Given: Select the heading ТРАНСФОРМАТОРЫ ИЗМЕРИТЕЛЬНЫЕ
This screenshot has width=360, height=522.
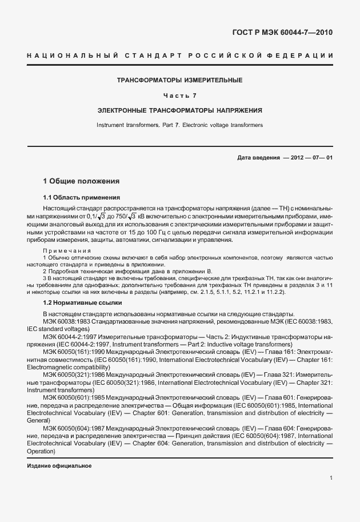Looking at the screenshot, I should click(x=179, y=80).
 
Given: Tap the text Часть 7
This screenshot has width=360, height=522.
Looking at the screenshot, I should click(x=179, y=95).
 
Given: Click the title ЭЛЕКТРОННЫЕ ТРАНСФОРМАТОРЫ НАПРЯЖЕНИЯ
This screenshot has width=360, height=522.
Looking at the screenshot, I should click(x=179, y=109).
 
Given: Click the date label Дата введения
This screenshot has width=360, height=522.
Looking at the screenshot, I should click(x=258, y=158).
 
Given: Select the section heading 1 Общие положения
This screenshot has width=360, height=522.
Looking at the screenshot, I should click(x=81, y=181).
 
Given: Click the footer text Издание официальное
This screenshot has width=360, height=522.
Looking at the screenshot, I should click(x=59, y=466).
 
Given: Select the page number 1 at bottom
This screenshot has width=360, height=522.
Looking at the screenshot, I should click(x=331, y=478).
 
